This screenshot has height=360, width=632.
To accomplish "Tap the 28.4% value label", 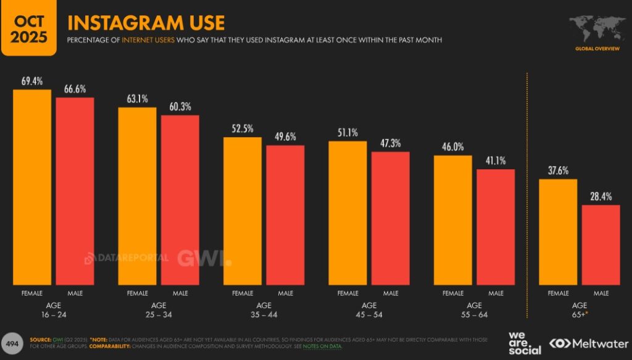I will coord(601,196).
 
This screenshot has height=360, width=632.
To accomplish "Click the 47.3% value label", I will coord(390,143).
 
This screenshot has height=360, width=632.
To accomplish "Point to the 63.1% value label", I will coord(136,99).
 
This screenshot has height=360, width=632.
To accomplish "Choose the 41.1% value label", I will coord(495,161).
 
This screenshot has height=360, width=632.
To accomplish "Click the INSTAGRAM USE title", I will coord(146,23).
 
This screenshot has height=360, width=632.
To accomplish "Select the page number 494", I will coord(12,343).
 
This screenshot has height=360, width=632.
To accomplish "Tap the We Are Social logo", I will coord(525,343).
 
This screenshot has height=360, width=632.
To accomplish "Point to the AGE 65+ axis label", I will coord(580,310).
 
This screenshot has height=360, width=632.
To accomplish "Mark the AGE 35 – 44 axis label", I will coord(264,310).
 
